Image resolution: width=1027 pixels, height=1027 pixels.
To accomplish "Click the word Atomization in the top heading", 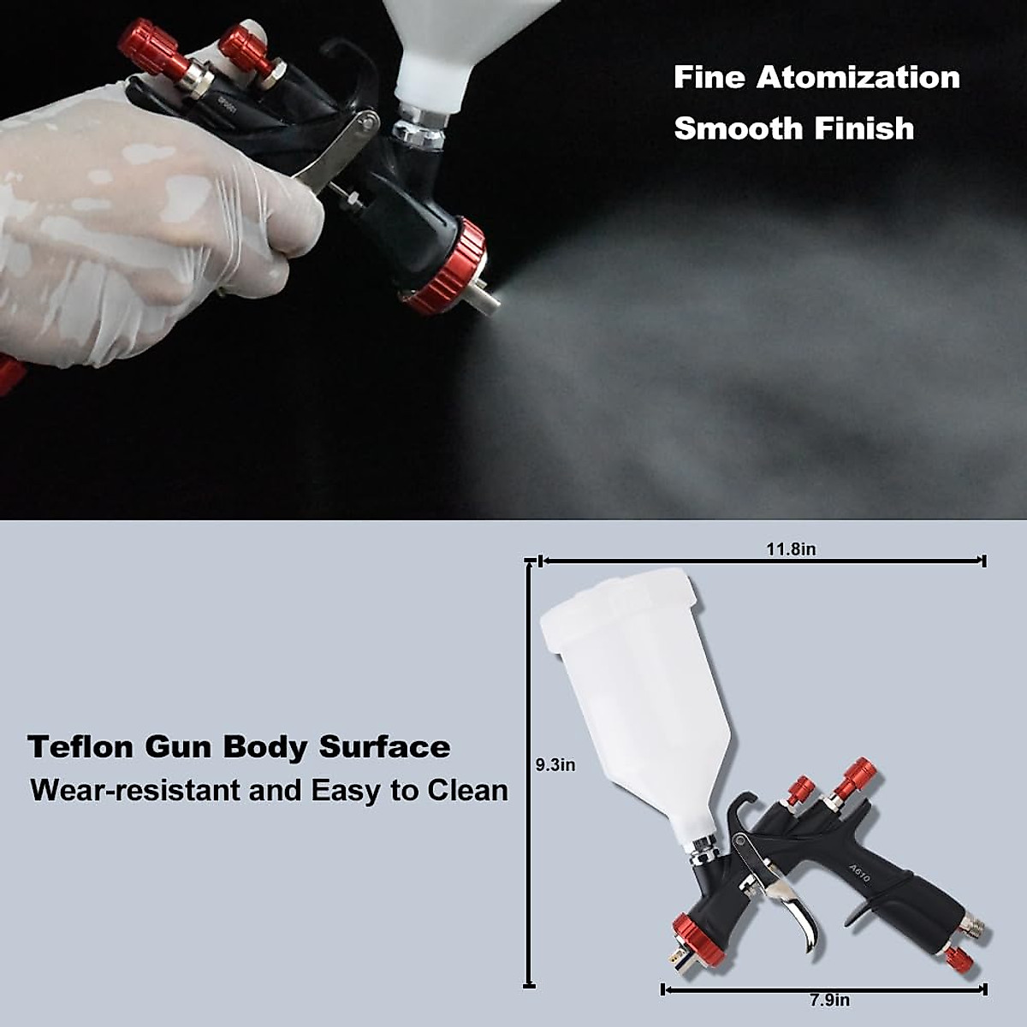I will coord(858,78).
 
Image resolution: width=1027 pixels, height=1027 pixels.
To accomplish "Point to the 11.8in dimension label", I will coord(791,549).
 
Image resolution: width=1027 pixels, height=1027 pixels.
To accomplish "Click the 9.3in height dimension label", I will coord(555,765).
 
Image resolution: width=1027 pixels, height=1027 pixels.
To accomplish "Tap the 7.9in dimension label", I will coord(829,1000).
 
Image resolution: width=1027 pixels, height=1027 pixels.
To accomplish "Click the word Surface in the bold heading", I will coord(384,747).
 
